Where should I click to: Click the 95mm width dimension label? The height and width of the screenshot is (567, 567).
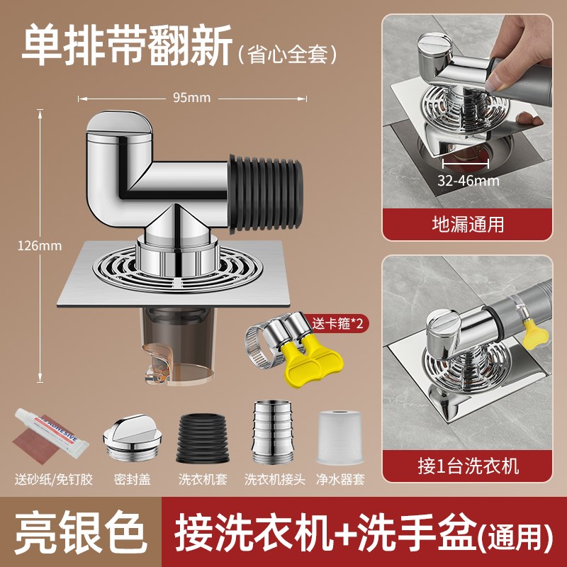tap(191, 98)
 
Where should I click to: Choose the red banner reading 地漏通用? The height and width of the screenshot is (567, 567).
tap(467, 225)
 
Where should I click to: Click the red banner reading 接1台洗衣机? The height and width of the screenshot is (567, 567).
tap(467, 466)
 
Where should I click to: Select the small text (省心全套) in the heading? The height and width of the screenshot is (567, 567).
tap(287, 53)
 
